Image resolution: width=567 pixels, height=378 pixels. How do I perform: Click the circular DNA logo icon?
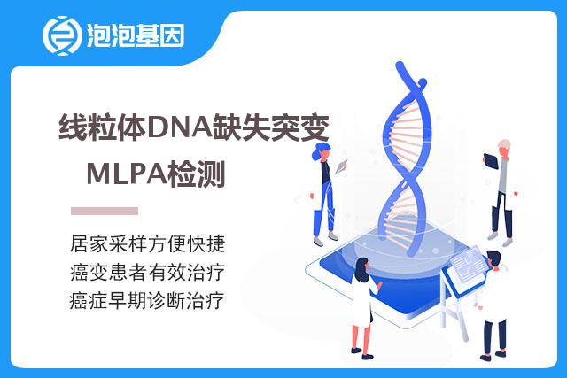click(61, 35)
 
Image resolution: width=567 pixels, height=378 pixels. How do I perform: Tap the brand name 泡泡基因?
click(136, 35)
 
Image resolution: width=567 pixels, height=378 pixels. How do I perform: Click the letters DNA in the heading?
click(180, 127)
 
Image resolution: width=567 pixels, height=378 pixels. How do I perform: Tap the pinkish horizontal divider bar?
click(105, 211)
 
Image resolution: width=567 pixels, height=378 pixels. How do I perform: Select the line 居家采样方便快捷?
click(148, 244)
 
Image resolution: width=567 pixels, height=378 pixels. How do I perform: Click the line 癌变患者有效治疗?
click(148, 272)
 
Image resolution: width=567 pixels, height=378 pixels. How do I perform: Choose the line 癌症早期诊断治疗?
click(147, 301)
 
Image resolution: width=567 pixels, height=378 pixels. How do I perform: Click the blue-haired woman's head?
click(322, 151)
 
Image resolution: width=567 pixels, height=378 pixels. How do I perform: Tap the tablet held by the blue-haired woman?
click(341, 166)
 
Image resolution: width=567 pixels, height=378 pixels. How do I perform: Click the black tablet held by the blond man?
click(491, 161)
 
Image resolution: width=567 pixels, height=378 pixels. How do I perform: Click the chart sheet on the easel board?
click(469, 263)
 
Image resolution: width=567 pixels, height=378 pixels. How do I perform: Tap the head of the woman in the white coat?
click(362, 269)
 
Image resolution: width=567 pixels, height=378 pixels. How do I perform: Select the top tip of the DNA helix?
click(400, 65)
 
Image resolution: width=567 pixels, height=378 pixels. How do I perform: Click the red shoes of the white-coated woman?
click(361, 353)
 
